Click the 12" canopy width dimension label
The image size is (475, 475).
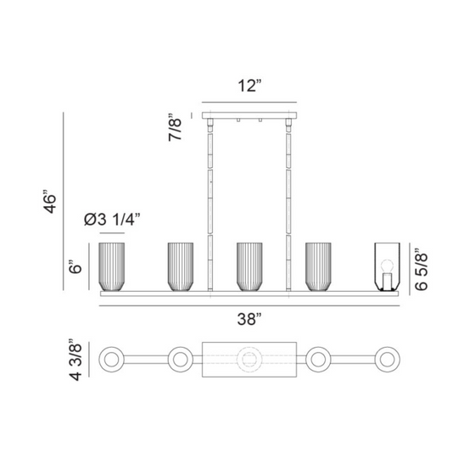pos(249,86)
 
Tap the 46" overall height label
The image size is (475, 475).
pos(50,202)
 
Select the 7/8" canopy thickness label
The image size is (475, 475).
pos(175,127)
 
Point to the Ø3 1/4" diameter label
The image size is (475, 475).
pos(112,220)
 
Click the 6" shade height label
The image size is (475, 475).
pos(75,266)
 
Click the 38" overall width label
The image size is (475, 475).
pos(249,319)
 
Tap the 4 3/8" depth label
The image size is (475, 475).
pos(75,360)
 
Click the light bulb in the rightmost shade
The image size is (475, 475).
pos(387,267)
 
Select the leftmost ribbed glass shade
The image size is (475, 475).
pos(112,266)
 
